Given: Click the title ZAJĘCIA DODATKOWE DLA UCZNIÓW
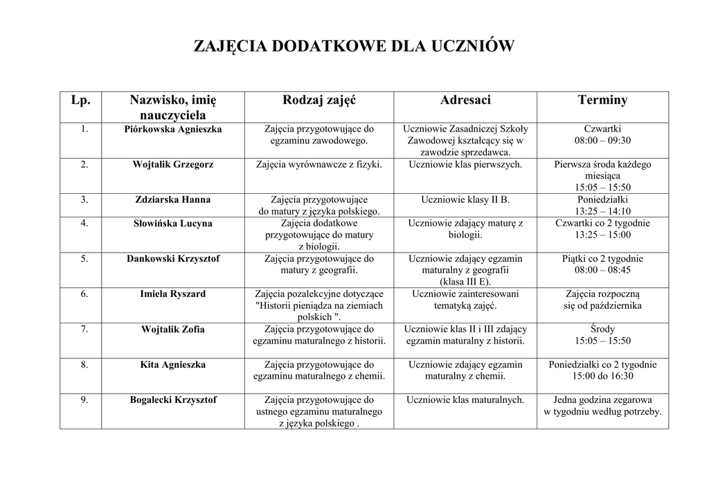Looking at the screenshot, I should pyautogui.click(x=354, y=47).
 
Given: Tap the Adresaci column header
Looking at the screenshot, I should pyautogui.click(x=465, y=100).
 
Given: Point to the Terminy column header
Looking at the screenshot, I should pyautogui.click(x=602, y=100).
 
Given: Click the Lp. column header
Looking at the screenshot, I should pyautogui.click(x=81, y=100).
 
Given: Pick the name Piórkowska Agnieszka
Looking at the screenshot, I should pyautogui.click(x=173, y=129).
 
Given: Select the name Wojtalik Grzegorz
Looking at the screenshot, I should pyautogui.click(x=173, y=165).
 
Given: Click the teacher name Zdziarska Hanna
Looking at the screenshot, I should pyautogui.click(x=173, y=200).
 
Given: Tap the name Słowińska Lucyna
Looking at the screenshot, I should pyautogui.click(x=173, y=224).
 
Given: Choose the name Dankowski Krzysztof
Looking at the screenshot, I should pyautogui.click(x=173, y=259).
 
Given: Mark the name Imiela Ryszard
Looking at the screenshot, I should pyautogui.click(x=173, y=294).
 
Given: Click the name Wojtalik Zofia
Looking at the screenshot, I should pyautogui.click(x=173, y=330).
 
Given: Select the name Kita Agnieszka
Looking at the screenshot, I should pyautogui.click(x=173, y=365).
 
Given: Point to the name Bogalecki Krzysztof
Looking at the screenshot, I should pyautogui.click(x=173, y=400).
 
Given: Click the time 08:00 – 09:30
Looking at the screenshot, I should pyautogui.click(x=602, y=141).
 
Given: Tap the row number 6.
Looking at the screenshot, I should pyautogui.click(x=84, y=294).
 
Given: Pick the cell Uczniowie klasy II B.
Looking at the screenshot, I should pyautogui.click(x=465, y=200).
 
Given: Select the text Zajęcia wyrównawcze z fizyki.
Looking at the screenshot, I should pyautogui.click(x=318, y=165).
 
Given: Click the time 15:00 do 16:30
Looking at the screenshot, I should pyautogui.click(x=602, y=377).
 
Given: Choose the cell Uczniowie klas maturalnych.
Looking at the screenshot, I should pyautogui.click(x=465, y=400).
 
